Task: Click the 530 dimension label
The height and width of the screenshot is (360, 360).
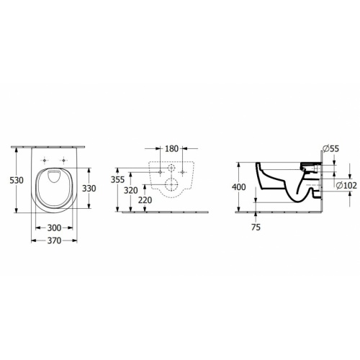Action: [x=17, y=180]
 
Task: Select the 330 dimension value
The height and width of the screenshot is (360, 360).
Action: [x=89, y=189]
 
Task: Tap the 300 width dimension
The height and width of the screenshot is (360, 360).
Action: [x=54, y=228]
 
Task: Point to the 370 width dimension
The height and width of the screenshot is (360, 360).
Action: [x=54, y=240]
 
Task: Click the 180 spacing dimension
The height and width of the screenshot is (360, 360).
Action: [x=171, y=149]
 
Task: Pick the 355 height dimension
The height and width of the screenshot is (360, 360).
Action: [x=117, y=179]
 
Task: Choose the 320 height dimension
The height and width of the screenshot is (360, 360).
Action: [x=131, y=191]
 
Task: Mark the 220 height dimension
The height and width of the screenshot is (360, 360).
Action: [x=145, y=200]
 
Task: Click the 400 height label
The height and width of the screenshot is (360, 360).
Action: [x=239, y=187]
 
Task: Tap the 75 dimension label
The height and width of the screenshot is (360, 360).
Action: [x=256, y=227]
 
